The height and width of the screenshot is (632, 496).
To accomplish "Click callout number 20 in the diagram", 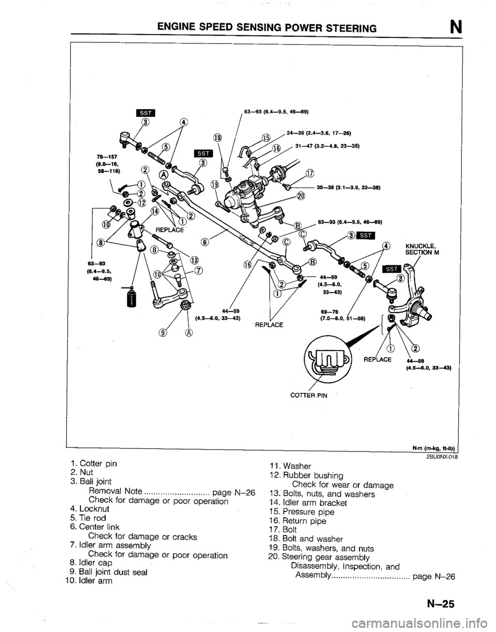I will coord(301,195).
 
